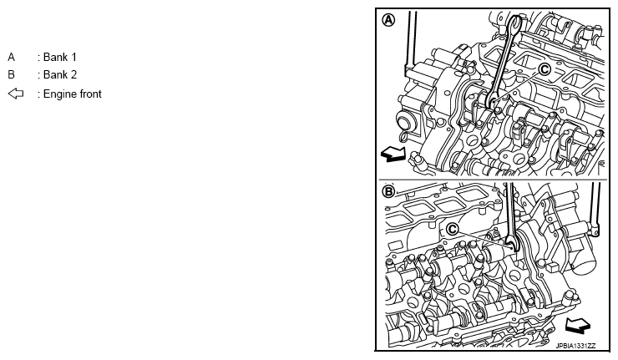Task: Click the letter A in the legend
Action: click(x=11, y=57)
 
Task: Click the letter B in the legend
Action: click(x=11, y=74)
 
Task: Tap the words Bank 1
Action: click(x=60, y=57)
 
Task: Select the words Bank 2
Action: click(x=60, y=74)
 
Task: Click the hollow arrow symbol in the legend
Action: click(x=16, y=94)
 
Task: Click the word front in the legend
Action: click(x=90, y=94)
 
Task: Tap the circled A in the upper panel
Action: click(x=389, y=20)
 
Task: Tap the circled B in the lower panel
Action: click(x=388, y=191)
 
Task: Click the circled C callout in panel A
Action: click(x=545, y=69)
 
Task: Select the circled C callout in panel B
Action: click(x=453, y=229)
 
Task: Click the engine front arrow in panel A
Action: click(x=393, y=154)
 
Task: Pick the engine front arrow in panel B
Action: click(x=578, y=326)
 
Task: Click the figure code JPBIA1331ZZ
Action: click(x=576, y=346)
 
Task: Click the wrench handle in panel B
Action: click(x=509, y=209)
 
